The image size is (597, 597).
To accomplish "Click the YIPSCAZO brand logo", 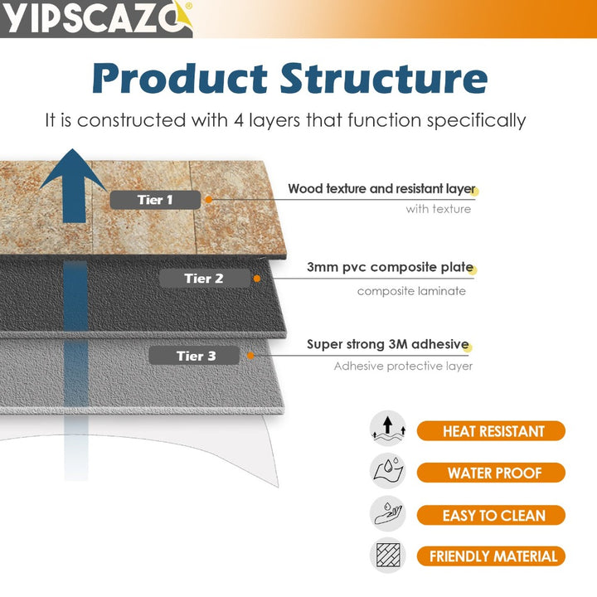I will [x=96, y=18].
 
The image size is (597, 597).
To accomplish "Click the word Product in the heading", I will [x=178, y=79].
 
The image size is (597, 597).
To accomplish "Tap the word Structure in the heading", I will [x=383, y=79].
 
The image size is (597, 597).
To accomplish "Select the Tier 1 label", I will [x=155, y=200].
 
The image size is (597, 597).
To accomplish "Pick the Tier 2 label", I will [x=204, y=279].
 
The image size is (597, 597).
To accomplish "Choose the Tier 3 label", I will [x=195, y=356].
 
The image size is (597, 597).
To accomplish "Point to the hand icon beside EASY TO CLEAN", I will [x=387, y=513].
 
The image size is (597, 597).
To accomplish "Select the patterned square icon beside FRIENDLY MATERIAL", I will [x=387, y=556].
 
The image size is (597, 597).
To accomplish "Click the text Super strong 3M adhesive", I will [x=387, y=344].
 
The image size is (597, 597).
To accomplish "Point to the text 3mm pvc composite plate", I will [x=389, y=267].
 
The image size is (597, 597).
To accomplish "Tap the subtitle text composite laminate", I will [x=411, y=291].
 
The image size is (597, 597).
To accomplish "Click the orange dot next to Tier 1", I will [x=209, y=199].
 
